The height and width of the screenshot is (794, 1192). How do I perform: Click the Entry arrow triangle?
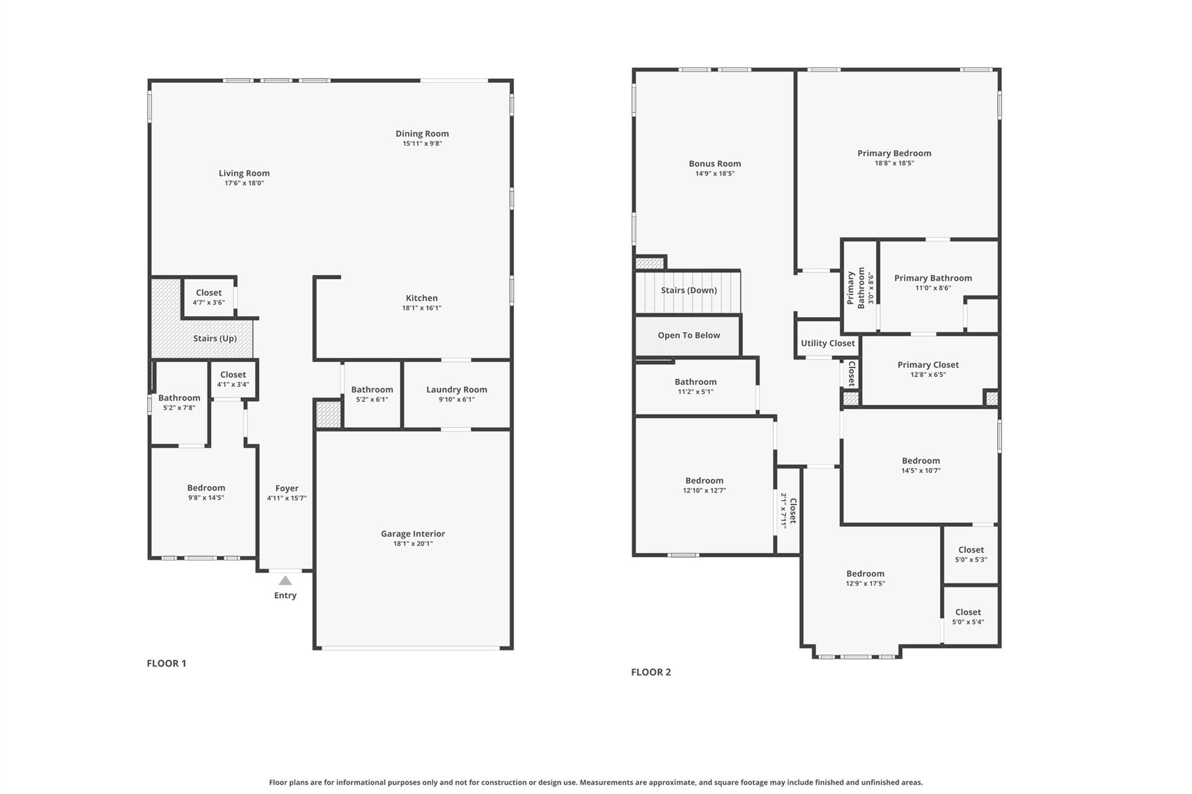(285, 581)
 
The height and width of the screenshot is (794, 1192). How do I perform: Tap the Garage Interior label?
(413, 533)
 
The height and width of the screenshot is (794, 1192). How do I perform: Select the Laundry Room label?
(456, 390)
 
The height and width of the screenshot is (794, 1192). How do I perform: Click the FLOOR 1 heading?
(166, 663)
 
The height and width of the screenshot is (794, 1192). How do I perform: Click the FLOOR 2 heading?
(651, 672)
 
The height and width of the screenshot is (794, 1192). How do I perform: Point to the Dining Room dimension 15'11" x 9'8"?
(422, 144)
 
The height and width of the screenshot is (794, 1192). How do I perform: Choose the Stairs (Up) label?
(215, 339)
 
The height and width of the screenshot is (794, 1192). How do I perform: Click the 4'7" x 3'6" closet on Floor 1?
(208, 297)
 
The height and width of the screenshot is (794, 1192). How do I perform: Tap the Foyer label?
(286, 489)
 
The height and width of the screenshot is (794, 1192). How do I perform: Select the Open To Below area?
(689, 336)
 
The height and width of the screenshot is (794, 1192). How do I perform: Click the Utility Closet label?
(827, 343)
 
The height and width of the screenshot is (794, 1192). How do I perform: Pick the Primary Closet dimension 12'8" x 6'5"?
(928, 375)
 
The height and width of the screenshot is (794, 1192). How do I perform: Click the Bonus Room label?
(715, 164)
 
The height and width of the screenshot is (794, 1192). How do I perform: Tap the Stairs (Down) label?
(689, 290)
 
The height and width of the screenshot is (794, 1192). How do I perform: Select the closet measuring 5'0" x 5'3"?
(971, 554)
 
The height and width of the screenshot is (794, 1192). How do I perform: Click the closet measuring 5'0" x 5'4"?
(968, 617)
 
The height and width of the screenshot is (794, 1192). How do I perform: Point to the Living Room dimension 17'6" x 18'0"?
(244, 183)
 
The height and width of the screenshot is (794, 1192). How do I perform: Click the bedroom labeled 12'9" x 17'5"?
(865, 578)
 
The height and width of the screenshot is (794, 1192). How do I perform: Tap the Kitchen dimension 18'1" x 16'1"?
(421, 308)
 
